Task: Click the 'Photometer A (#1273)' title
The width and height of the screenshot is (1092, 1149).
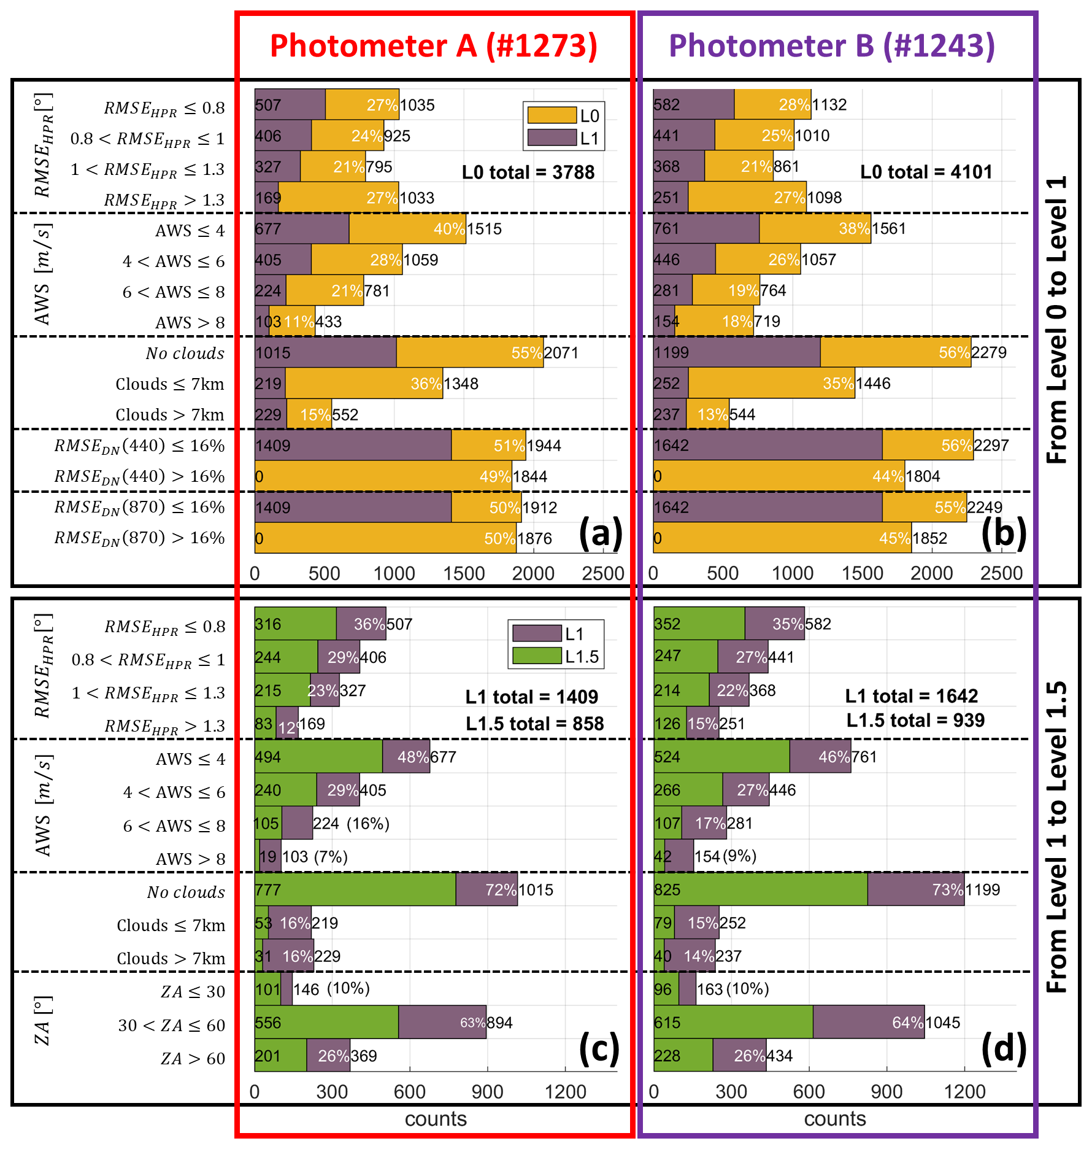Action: point(433,46)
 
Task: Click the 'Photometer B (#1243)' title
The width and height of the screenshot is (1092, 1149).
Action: point(831,46)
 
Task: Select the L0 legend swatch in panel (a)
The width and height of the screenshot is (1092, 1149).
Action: point(552,115)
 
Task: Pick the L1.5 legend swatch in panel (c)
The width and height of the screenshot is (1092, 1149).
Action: point(537,656)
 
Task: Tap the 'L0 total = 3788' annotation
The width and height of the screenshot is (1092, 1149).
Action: point(528,172)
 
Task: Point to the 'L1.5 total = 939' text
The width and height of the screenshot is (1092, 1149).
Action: point(915,720)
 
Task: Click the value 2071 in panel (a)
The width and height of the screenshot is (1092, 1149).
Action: point(561,353)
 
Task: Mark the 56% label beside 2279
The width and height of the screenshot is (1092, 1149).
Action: point(955,353)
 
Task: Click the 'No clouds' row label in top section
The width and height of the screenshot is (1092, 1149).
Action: point(185,354)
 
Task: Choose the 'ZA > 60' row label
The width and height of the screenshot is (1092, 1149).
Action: point(193,1059)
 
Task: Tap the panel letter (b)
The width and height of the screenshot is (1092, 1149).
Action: point(1004,532)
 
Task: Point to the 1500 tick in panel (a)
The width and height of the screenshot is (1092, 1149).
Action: point(464,573)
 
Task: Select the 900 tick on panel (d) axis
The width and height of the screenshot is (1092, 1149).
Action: point(886,1091)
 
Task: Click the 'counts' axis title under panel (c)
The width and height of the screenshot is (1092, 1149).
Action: point(436,1119)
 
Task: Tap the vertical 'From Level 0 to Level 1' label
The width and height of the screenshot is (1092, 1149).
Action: point(1056,319)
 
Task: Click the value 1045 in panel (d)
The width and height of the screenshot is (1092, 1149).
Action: point(942,1023)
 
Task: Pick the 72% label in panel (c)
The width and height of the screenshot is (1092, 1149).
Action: point(501,890)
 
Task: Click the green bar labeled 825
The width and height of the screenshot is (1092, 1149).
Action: point(761,889)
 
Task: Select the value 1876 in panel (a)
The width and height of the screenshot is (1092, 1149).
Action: point(534,539)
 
